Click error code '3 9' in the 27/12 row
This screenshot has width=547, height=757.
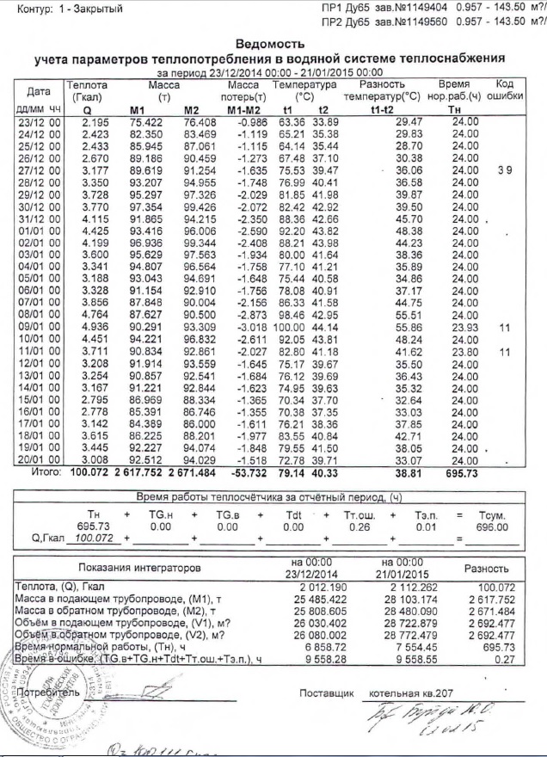tap(504, 171)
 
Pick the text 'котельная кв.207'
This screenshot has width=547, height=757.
tap(409, 692)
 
